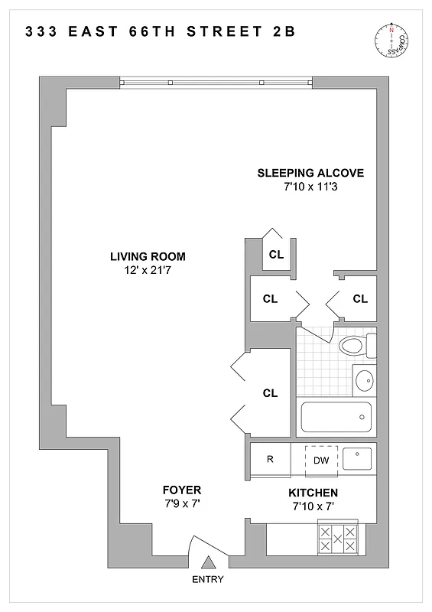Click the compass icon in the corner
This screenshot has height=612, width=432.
pos(393,41)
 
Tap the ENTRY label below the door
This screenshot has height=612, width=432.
pos(207,580)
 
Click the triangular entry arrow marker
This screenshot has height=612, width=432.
pos(207,564)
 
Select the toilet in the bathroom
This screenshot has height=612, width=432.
pos(356,346)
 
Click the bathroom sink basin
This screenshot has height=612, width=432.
pos(364,379)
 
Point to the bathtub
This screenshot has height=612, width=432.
pos(336,418)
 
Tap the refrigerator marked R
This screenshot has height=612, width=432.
pos(270,460)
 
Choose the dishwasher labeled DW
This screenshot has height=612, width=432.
pos(321,460)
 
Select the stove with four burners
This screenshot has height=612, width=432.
pos(337,539)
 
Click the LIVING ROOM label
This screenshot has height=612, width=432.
pos(148,256)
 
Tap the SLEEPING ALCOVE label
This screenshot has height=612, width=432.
pos(310,172)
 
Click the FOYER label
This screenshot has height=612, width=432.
pos(181,490)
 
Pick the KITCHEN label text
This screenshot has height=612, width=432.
pos(313,493)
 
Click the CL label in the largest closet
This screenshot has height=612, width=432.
pos(270,393)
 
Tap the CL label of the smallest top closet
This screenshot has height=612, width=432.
pos(276,255)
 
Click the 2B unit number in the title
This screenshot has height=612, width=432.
pos(284,32)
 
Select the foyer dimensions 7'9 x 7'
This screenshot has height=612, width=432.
pos(181,503)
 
